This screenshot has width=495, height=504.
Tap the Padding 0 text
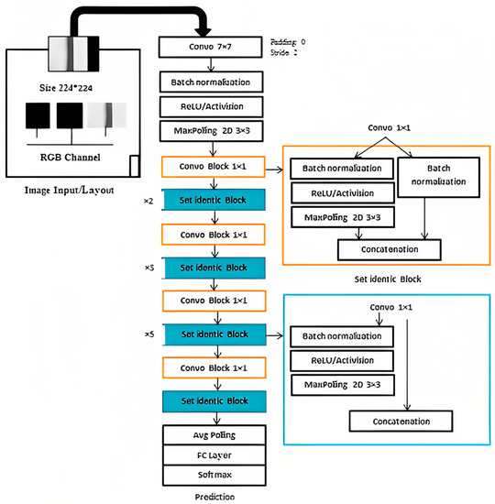click(291, 42)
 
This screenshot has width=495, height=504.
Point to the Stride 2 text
click(288, 54)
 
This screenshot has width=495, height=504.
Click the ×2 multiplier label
click(149, 200)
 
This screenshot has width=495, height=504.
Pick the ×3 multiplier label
click(149, 267)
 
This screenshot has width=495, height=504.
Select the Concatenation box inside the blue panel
click(401, 421)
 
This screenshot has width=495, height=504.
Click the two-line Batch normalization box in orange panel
click(435, 177)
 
